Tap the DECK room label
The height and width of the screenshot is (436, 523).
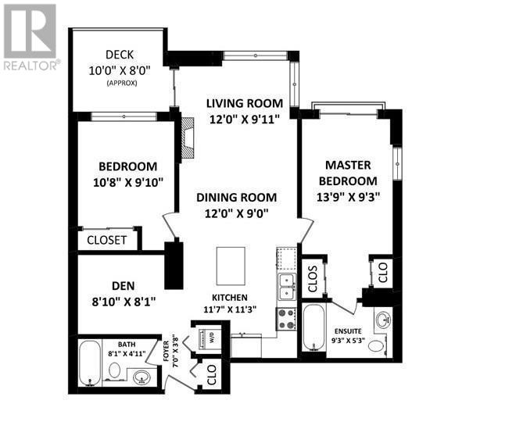(120, 55)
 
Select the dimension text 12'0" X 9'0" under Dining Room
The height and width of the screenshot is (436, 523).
(236, 212)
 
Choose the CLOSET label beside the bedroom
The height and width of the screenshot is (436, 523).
(107, 240)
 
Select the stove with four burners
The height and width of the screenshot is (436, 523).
(285, 318)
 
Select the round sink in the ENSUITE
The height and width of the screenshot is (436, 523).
(384, 320)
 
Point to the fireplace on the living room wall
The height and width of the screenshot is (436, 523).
(187, 138)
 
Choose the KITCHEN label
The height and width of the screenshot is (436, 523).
(229, 298)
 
